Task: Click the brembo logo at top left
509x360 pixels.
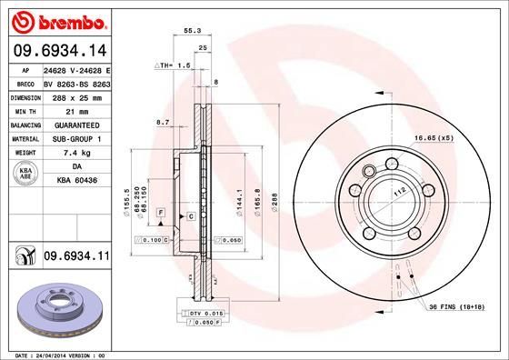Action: [57, 19]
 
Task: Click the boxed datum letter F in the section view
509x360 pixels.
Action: [160, 212]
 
